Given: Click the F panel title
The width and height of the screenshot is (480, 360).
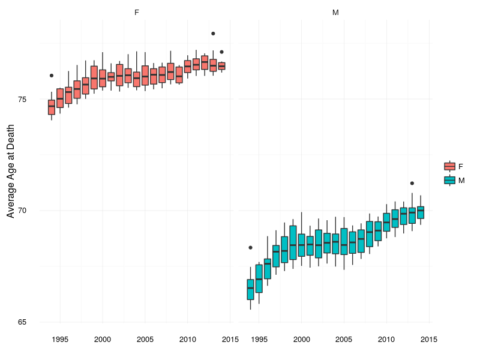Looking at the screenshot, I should coord(137,12).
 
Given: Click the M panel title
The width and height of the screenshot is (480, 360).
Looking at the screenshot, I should coord(335,12).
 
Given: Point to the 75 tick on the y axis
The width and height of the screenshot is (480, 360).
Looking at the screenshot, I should coord(30,99).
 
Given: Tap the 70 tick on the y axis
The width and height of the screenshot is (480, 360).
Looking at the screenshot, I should coord(30,211).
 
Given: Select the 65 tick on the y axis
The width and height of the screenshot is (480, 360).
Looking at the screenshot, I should coord(30,322).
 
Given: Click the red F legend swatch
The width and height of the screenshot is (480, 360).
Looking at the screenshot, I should coord(449,166).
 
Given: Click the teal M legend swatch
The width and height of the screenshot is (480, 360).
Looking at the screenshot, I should coord(449,180).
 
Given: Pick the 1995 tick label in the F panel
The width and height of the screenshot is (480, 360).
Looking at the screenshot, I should coord(60,340).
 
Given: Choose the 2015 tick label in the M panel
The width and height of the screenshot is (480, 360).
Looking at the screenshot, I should coord(428,340).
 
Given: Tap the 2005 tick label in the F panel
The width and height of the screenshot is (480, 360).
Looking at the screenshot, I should coord(145,340).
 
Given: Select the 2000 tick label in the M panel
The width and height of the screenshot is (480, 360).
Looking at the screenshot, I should coord(301,340).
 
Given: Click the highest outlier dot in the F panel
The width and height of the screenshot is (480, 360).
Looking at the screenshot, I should coord(213,34).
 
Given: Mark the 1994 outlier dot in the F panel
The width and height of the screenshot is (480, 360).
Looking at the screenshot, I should coord(52,76).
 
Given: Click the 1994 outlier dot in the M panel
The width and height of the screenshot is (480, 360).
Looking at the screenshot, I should coord(250,248).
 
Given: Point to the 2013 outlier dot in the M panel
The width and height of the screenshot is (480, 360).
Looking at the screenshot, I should coord(412,183).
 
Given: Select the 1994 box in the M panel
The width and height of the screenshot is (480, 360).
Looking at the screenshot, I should coord(250,289).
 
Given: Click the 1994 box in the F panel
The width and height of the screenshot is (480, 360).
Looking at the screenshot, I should coord(52,107).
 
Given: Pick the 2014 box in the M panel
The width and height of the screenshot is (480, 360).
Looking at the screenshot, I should coord(421,212).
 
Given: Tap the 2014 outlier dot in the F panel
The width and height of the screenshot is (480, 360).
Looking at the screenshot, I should coord(221,52).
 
